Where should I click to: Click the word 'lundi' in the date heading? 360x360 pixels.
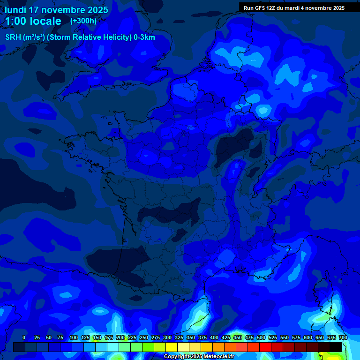[x=15, y=9]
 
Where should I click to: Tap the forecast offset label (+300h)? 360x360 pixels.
[x=83, y=21]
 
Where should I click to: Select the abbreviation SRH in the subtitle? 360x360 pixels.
[x=13, y=37]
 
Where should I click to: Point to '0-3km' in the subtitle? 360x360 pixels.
[x=144, y=37]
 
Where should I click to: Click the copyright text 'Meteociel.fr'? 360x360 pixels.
[x=219, y=357]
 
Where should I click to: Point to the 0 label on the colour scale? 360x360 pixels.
[x=24, y=338]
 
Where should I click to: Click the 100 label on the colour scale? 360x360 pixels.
[x=74, y=338]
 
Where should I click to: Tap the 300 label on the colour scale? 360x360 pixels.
[x=167, y=338]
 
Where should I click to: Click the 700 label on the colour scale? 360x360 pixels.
[x=343, y=338]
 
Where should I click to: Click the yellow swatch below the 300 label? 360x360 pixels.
[x=172, y=347]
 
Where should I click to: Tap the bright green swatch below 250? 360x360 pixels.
[x=148, y=347]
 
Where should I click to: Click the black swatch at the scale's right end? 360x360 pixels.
[x=336, y=347]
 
